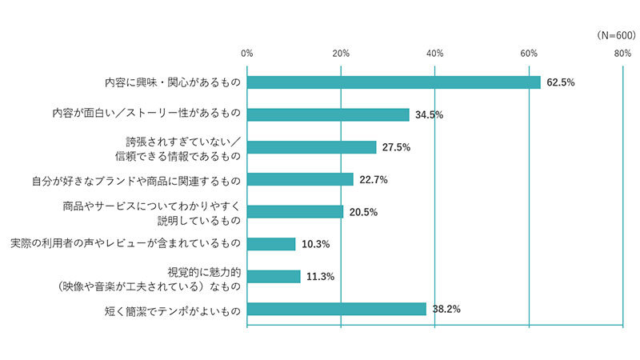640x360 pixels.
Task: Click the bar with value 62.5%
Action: pyautogui.click(x=394, y=82)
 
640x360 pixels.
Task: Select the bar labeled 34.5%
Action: pyautogui.click(x=328, y=114)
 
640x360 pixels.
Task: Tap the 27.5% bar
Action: pyautogui.click(x=311, y=147)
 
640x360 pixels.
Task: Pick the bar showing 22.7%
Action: pyautogui.click(x=300, y=179)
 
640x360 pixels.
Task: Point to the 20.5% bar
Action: pyautogui.click(x=295, y=212)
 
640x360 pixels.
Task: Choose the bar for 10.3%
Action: pyautogui.click(x=271, y=244)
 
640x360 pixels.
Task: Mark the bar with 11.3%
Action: pyautogui.click(x=274, y=277)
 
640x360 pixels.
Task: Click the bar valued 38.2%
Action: pyautogui.click(x=337, y=309)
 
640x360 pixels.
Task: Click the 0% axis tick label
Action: pyautogui.click(x=246, y=54)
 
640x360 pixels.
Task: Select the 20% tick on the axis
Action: pyautogui.click(x=341, y=54)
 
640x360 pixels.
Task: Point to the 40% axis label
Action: pyautogui.click(x=434, y=54)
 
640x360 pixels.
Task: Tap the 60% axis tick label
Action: pyautogui.click(x=529, y=54)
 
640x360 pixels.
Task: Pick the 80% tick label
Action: pyautogui.click(x=622, y=54)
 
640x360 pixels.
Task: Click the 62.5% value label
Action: pyautogui.click(x=562, y=82)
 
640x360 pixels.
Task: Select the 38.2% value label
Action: pyautogui.click(x=446, y=309)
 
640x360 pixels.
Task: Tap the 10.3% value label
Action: pyautogui.click(x=316, y=244)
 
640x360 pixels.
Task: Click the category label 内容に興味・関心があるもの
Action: pyautogui.click(x=173, y=82)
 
